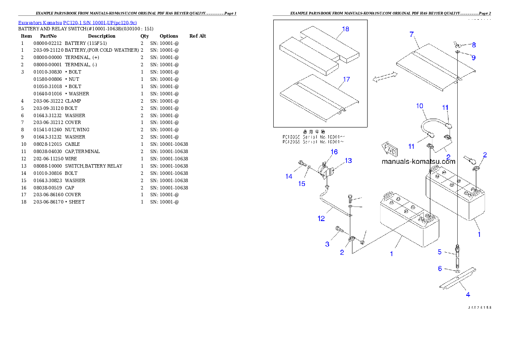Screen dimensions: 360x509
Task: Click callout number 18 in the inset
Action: (345, 29)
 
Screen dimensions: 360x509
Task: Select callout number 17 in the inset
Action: (346, 80)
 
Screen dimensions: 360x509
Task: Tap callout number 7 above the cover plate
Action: (411, 34)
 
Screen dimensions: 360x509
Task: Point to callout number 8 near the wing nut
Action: (473, 44)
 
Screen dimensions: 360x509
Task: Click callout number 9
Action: (473, 57)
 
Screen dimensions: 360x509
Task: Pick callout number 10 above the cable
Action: (419, 106)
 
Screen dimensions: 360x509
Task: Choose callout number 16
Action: (334, 152)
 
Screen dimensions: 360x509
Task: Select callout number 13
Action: (348, 161)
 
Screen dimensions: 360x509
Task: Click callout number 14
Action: (289, 176)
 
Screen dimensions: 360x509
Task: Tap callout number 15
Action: (302, 184)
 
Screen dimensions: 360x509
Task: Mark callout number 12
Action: (321, 218)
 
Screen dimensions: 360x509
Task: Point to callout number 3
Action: (327, 244)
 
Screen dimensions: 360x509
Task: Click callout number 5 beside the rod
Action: (439, 252)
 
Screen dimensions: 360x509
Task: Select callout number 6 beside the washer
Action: (440, 269)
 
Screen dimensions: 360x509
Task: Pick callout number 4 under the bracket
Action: (468, 294)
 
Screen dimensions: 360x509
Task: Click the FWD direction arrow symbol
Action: (390, 150)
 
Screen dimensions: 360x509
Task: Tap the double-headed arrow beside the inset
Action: (385, 77)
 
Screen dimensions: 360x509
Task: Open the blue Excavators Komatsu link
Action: (77, 23)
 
